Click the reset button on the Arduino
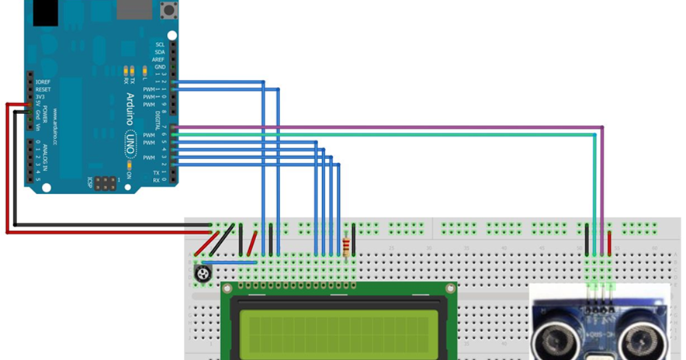click(166, 10)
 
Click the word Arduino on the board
click(130, 109)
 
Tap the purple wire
click(388, 126)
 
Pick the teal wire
click(388, 133)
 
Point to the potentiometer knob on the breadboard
click(203, 273)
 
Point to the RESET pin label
click(43, 89)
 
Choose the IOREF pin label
click(43, 81)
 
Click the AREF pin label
click(158, 60)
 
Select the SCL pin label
click(160, 44)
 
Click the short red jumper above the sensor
click(610, 241)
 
